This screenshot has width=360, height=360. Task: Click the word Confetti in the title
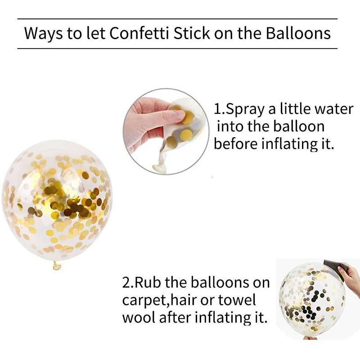(x=139, y=33)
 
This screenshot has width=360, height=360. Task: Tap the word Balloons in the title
(x=298, y=33)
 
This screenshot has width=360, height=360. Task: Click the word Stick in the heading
(x=192, y=33)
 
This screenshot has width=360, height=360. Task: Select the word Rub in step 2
(x=148, y=283)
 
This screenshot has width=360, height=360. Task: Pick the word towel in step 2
(x=237, y=300)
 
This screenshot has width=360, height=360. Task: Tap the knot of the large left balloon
(x=57, y=265)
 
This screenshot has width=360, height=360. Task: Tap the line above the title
(x=177, y=19)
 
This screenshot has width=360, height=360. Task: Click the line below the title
(x=177, y=49)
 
